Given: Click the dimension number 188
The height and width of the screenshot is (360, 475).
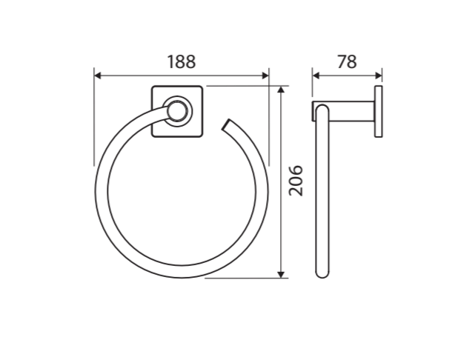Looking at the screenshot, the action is click(182, 61).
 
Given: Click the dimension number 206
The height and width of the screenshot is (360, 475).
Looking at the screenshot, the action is click(296, 181).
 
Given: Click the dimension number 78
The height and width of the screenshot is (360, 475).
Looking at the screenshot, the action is click(347, 61).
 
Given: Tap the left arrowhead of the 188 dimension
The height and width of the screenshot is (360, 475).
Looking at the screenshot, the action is click(97, 76).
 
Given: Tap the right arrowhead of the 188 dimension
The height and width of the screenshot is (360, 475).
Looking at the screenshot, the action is click(265, 76).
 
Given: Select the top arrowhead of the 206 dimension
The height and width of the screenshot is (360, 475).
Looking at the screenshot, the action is click(282, 90).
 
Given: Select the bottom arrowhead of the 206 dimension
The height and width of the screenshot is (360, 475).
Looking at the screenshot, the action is click(282, 274).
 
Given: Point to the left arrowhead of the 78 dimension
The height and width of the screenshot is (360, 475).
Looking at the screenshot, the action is click(316, 76).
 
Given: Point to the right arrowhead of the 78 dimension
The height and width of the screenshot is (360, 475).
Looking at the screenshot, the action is click(379, 76).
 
